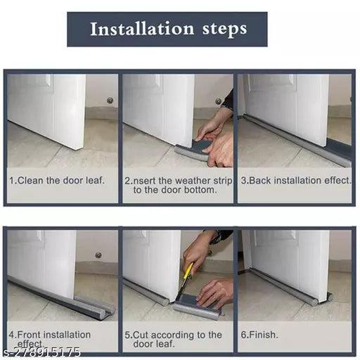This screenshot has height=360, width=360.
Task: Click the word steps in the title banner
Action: click(x=223, y=30)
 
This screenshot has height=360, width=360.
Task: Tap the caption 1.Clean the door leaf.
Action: click(x=56, y=180)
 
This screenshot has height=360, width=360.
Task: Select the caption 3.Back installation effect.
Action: click(x=295, y=180)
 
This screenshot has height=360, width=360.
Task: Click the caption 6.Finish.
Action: click(x=259, y=335)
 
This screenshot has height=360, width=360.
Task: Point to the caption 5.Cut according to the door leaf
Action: click(x=172, y=340)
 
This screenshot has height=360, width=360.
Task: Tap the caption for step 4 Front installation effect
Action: click(x=49, y=339)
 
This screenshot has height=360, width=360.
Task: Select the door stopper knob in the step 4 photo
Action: click(x=98, y=255)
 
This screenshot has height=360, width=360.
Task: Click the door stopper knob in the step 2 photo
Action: click(x=219, y=101)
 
